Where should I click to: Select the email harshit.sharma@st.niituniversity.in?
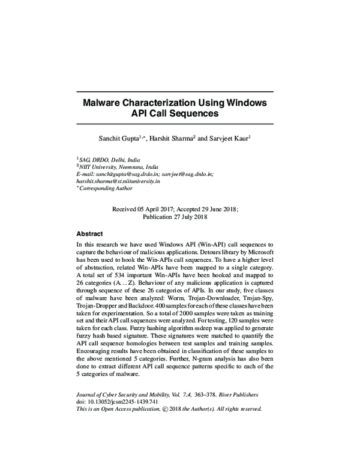click(x=118, y=181)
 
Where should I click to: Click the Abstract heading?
click(x=89, y=234)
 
